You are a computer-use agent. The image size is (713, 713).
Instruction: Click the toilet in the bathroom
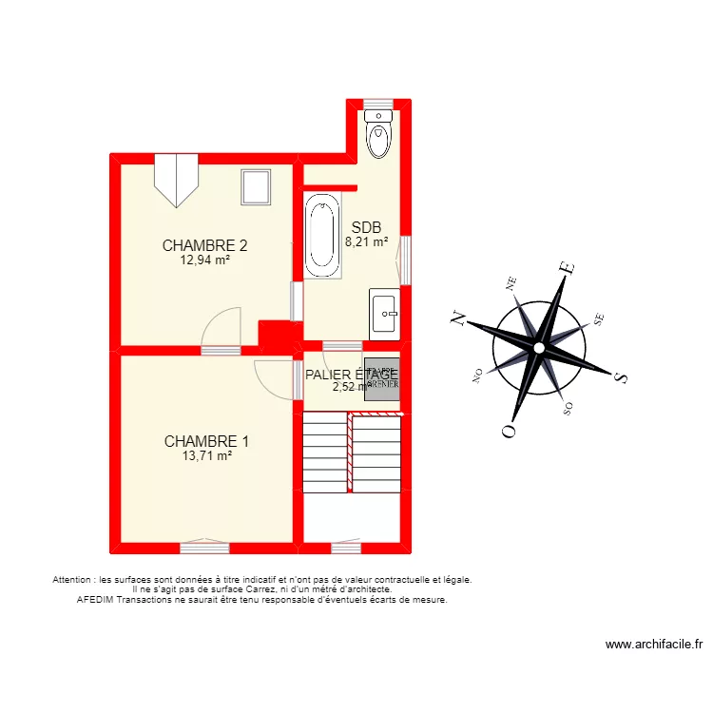pyautogui.click(x=378, y=135)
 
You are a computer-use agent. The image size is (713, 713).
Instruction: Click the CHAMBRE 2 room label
pyautogui.click(x=205, y=244)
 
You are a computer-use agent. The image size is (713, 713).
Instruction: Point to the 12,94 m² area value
pyautogui.click(x=205, y=259)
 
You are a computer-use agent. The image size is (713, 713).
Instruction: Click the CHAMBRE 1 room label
pyautogui.click(x=206, y=441)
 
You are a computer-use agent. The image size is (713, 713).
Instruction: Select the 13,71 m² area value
pyautogui.click(x=206, y=455)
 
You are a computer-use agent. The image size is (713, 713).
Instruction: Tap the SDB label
pyautogui.click(x=366, y=227)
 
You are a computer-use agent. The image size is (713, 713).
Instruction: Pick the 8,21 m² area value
pyautogui.click(x=366, y=241)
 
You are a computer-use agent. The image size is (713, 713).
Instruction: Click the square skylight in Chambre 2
pyautogui.click(x=256, y=186)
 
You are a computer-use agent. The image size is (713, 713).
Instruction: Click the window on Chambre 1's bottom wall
pyautogui.click(x=204, y=547)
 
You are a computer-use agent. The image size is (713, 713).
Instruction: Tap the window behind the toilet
pyautogui.click(x=378, y=103)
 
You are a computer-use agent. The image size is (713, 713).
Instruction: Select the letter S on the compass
pyautogui.click(x=621, y=377)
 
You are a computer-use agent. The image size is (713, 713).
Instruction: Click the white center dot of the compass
pyautogui.click(x=539, y=349)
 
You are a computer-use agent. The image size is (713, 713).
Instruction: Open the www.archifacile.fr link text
pyautogui.click(x=653, y=644)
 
